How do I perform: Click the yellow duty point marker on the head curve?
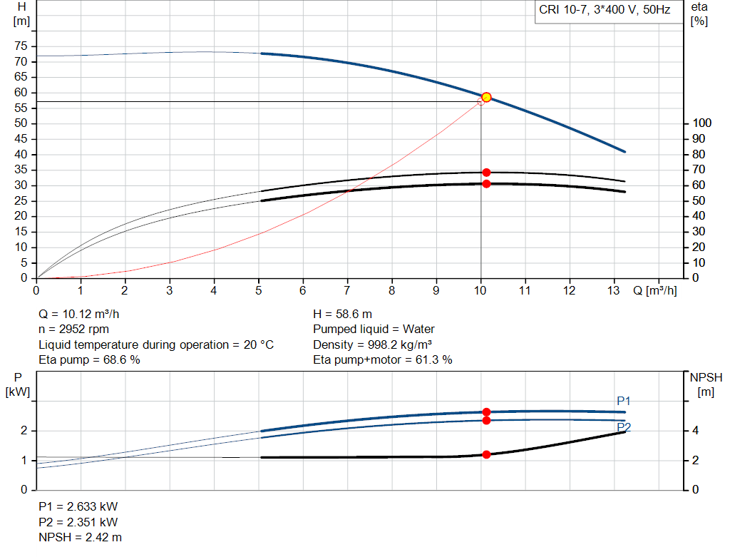coord(486,97)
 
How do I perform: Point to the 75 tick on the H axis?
coord(21,46)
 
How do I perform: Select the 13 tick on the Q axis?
coord(614,291)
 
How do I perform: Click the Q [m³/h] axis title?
coord(654,291)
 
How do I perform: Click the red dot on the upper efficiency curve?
coord(486,173)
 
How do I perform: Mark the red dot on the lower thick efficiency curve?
coord(486,184)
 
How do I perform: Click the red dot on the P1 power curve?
coord(486,412)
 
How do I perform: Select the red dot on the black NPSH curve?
coord(486,454)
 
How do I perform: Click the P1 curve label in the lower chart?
coord(624,402)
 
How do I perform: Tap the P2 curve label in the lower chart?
coord(624,427)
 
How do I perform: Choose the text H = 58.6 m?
coord(343,315)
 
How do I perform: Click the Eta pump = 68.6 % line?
coord(89,360)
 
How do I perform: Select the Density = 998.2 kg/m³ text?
coord(372,344)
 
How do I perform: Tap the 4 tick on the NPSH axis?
coord(695,431)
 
